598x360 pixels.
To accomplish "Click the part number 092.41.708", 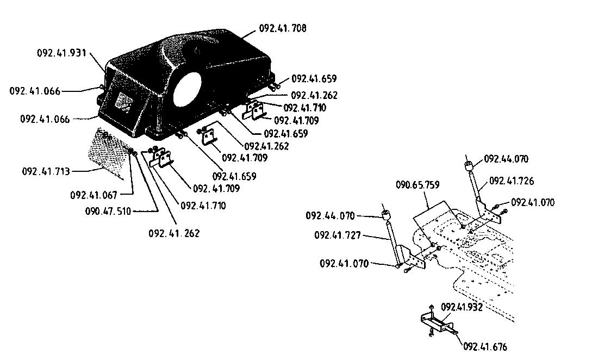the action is point(283,28).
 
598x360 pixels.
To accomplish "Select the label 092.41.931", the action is point(62,53).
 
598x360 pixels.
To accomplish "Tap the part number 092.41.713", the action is point(46,171).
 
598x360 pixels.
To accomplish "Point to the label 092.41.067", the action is point(94,195).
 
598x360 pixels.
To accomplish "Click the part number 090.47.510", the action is point(108,211).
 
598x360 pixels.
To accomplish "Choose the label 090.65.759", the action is point(418,185).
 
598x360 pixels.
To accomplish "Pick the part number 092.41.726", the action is point(512,181).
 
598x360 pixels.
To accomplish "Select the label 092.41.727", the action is point(338,235).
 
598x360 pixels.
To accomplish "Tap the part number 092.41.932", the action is point(462,307).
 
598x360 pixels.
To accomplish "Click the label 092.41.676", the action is point(485,346).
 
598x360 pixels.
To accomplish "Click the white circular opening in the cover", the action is point(187,89).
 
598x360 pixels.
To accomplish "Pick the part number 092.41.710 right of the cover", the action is point(305,108).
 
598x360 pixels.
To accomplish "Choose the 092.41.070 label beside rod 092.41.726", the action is point(533,202).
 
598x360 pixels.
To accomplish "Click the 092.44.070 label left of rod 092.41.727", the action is point(331,216).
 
